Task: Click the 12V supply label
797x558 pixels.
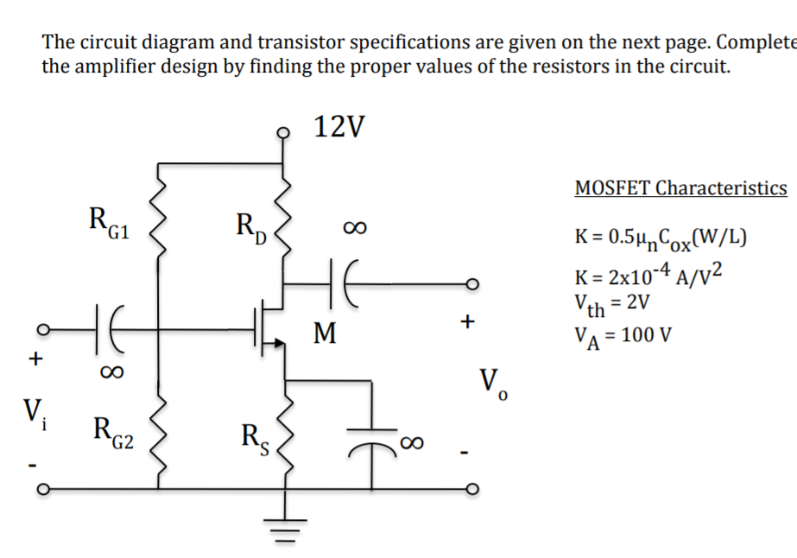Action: [339, 128]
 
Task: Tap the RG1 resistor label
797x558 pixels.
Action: [109, 223]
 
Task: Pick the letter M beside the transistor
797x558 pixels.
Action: [325, 333]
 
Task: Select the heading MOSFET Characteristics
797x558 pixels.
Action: [680, 188]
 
